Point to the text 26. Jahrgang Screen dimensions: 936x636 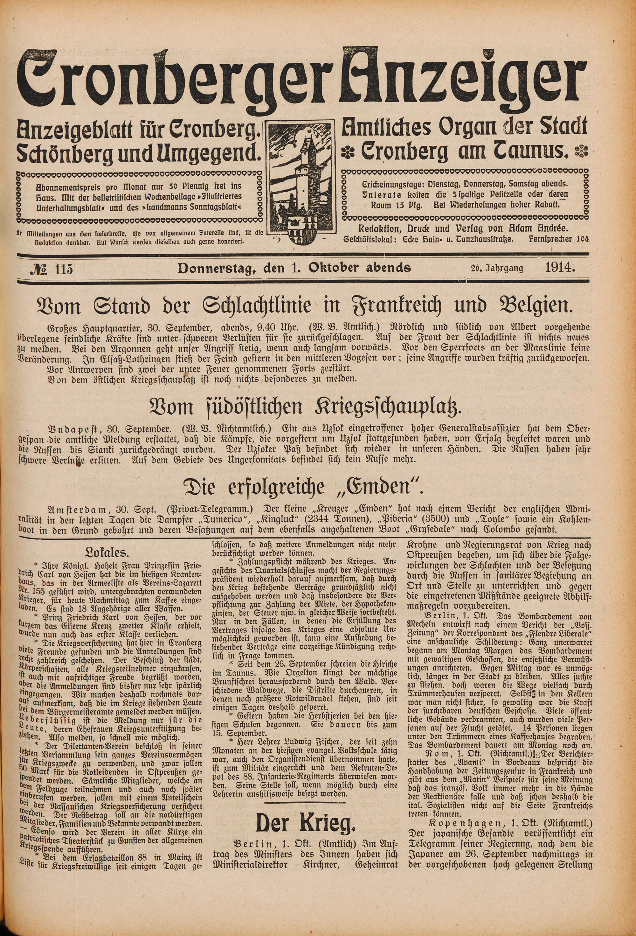click(x=495, y=268)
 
